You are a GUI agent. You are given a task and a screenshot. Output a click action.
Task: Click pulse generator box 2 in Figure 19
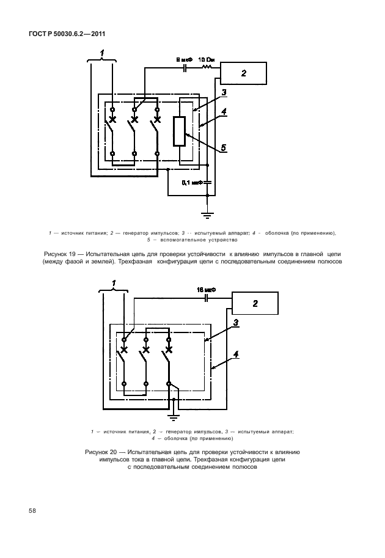click(243, 73)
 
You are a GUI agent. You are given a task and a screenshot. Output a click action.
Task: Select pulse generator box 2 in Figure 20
click(255, 303)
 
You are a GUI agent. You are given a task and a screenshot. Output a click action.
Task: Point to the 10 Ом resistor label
click(206, 60)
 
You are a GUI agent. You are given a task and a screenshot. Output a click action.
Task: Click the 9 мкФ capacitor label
click(184, 60)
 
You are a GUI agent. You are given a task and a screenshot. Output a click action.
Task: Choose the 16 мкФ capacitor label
click(205, 288)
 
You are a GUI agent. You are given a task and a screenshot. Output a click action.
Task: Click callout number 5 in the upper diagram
click(223, 147)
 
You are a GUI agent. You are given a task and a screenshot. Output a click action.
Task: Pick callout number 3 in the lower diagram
click(236, 321)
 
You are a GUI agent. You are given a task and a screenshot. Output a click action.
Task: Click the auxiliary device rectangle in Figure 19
click(178, 131)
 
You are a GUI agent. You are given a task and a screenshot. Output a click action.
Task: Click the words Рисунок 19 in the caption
click(57, 252)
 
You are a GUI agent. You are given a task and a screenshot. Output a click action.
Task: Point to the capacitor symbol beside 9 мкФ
click(185, 69)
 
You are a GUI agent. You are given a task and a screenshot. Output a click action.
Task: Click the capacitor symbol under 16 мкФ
click(207, 298)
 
